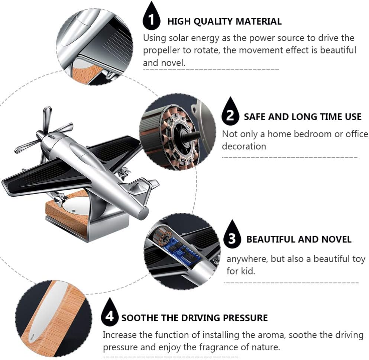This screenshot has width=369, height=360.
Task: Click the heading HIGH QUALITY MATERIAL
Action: (224, 21)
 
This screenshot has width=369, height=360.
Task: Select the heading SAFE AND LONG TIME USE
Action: (302, 117)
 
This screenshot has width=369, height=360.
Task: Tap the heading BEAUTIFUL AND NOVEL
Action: (298, 239)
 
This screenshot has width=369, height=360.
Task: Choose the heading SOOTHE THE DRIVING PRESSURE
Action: (194, 318)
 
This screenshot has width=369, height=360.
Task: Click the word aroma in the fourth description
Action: (270, 335)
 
